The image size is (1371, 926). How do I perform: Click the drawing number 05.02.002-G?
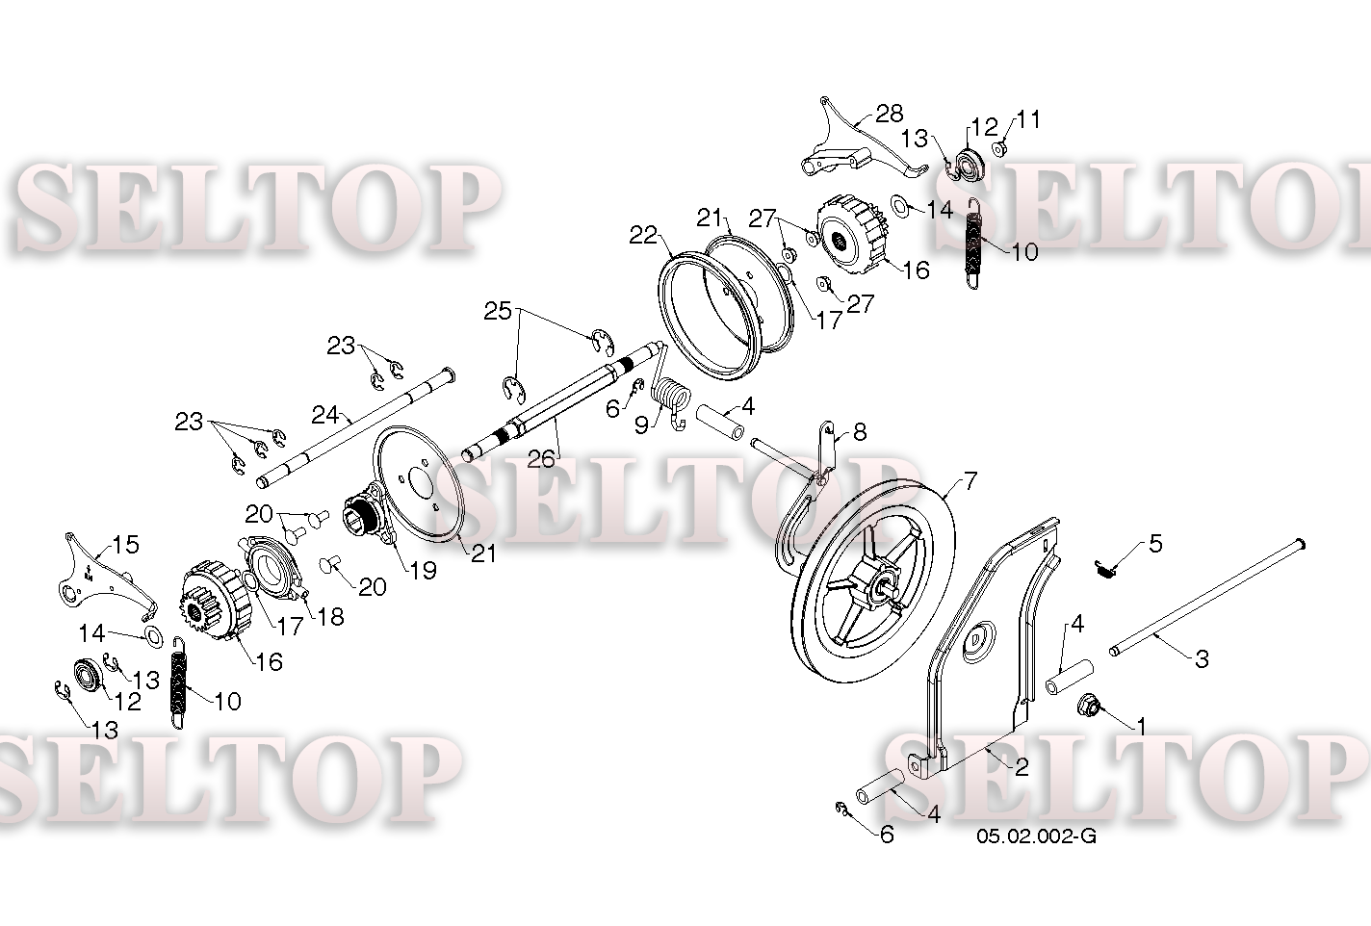pyautogui.click(x=1036, y=836)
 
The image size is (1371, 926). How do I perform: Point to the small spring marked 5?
pyautogui.click(x=1105, y=569)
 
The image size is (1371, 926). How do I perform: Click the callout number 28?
pyautogui.click(x=890, y=114)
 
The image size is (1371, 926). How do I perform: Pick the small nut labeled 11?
pyautogui.click(x=999, y=148)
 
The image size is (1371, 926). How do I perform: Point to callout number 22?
pyautogui.click(x=643, y=235)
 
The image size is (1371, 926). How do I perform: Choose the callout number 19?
pyautogui.click(x=423, y=571)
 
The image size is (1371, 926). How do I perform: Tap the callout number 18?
pyautogui.click(x=330, y=616)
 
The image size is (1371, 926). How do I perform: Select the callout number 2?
pyautogui.click(x=1022, y=767)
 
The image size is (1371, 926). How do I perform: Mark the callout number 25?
pyautogui.click(x=498, y=312)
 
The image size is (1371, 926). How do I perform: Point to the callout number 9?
pyautogui.click(x=641, y=424)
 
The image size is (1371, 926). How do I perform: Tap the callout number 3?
pyautogui.click(x=1203, y=659)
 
